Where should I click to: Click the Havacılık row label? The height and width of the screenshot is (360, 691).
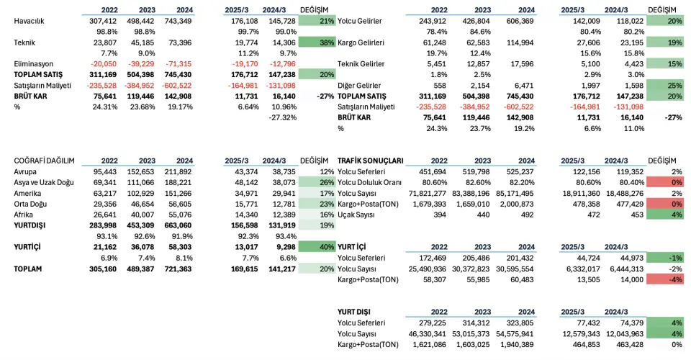coord(29,21)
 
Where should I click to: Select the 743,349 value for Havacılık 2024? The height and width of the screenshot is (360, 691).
coord(178,21)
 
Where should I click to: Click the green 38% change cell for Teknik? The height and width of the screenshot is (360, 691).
coord(317,42)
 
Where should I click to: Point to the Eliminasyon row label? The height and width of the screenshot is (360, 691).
coord(34,64)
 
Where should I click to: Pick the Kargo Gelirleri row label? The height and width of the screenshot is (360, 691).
coord(361,42)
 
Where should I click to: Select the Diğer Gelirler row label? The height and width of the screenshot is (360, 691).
coord(359,86)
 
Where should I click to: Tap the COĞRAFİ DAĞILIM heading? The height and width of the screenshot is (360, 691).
coord(44,161)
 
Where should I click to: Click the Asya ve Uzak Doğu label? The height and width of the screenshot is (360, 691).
coord(44,182)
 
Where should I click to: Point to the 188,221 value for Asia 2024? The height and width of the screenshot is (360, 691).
coord(178,182)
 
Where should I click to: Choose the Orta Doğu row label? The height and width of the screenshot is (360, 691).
coord(30,204)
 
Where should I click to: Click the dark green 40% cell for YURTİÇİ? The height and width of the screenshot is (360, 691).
coord(317,247)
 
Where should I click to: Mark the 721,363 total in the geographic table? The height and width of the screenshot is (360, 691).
coord(178,269)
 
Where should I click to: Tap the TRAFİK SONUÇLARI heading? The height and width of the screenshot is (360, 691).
coord(370,161)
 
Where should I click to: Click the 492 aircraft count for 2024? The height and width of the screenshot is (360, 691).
coord(527,215)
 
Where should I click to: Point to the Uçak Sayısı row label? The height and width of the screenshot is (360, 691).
coord(356,215)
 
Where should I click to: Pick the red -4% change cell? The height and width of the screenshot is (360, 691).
coord(664,279)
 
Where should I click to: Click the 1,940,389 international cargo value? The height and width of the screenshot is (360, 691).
coord(517,345)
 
